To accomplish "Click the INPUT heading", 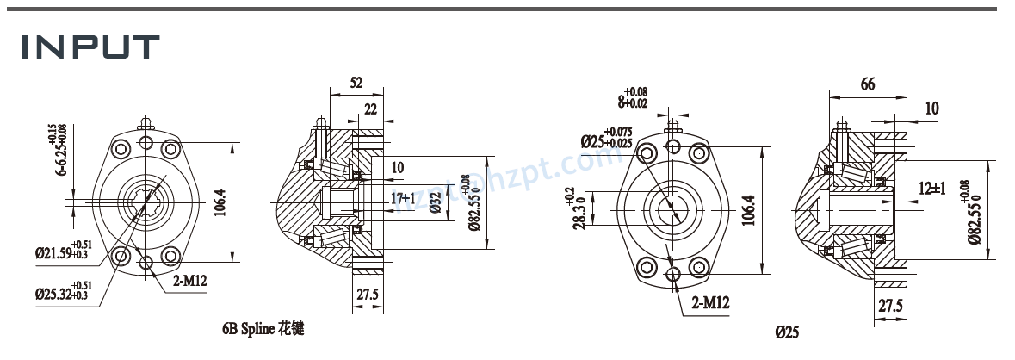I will pyautogui.click(x=90, y=47).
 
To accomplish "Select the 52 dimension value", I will pyautogui.click(x=356, y=83).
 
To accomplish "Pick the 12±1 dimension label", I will pyautogui.click(x=931, y=188).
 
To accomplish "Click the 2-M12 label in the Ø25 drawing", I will pyautogui.click(x=711, y=302).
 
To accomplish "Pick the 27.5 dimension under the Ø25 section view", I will pyautogui.click(x=890, y=306).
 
